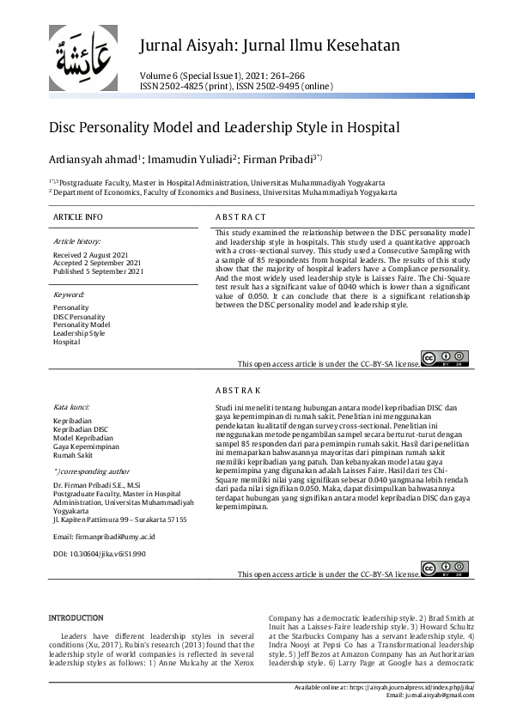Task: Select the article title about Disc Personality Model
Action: pos(224,128)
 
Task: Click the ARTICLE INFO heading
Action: pos(77,217)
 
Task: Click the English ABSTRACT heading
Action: pos(240,217)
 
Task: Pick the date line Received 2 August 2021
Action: pos(91,256)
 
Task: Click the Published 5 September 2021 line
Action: pos(98,271)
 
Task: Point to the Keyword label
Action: pos(69,295)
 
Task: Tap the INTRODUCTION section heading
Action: pos(76,618)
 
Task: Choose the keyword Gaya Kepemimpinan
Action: pos(86,447)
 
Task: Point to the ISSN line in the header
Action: pos(235,87)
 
